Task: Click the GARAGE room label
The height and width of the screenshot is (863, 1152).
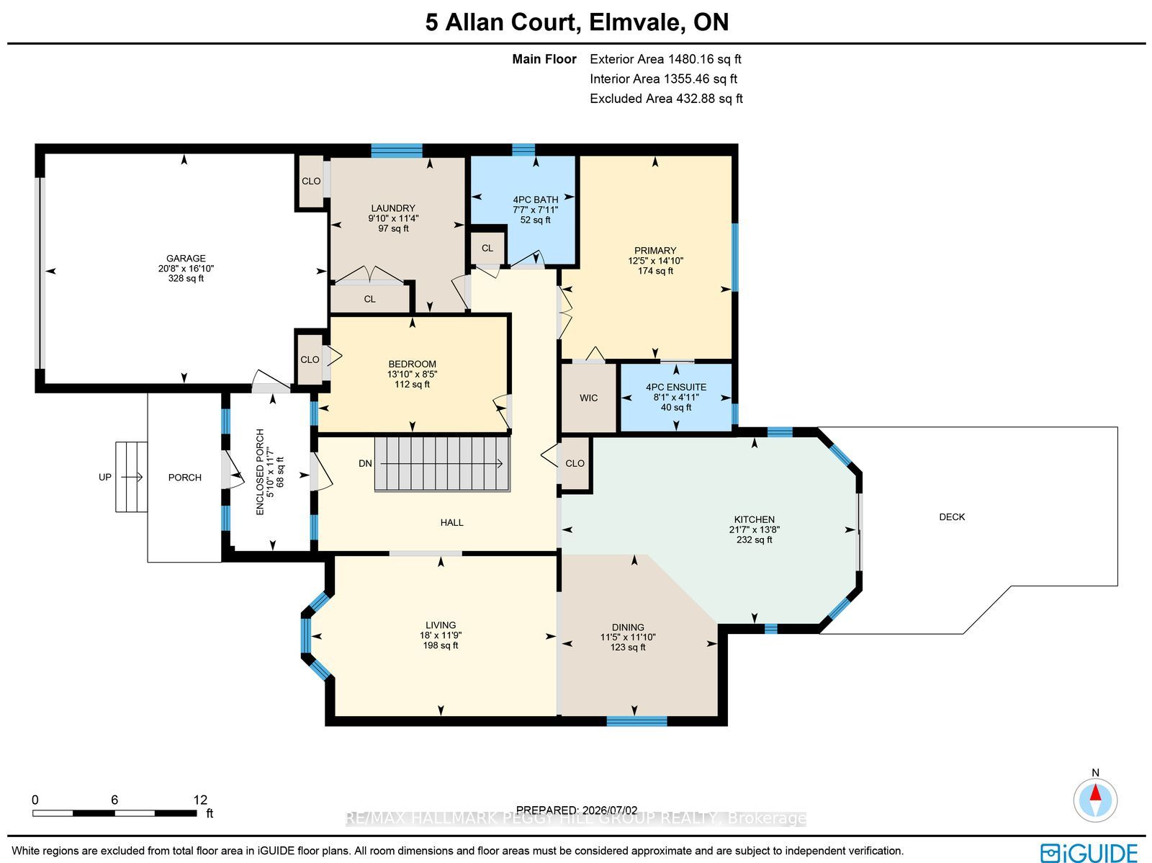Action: point(186,259)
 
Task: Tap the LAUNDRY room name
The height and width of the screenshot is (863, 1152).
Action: point(393,208)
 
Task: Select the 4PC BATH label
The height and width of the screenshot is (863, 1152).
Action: point(536,200)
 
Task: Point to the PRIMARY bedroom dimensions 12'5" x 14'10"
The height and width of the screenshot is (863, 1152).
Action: point(655,260)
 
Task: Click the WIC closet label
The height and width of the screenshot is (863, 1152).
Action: point(588,398)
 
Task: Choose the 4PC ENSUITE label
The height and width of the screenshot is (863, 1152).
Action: point(676,387)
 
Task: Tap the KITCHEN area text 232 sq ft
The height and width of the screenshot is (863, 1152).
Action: point(754,540)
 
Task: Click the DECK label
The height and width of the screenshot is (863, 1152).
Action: point(952,517)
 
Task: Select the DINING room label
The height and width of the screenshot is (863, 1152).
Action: point(628,627)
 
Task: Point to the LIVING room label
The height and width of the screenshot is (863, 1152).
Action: point(441,625)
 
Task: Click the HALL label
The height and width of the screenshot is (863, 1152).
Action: point(452,523)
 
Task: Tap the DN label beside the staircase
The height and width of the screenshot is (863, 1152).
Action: point(365,463)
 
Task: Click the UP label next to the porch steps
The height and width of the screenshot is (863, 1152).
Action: point(105,477)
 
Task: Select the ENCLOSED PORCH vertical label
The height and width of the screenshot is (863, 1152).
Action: point(260,472)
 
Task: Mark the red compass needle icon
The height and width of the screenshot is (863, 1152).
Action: point(1095,800)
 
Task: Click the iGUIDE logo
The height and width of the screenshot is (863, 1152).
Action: point(1089,853)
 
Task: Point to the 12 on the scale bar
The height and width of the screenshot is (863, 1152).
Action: point(200,800)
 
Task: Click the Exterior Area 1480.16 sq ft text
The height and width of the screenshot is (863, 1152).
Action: point(665,59)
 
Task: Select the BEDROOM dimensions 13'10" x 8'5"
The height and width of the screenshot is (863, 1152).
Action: point(412,375)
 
